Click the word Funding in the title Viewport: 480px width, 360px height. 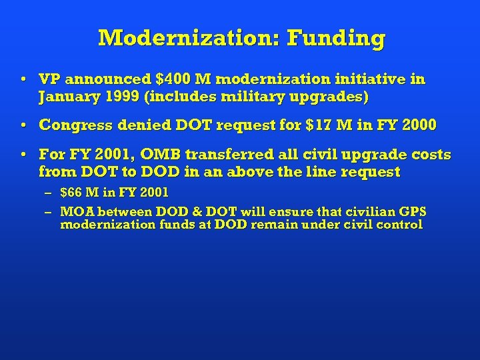[x=336, y=38]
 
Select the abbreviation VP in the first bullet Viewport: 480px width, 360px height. [x=50, y=80]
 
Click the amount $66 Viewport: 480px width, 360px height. [x=72, y=193]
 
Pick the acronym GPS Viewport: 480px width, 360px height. [x=411, y=213]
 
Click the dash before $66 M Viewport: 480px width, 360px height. [x=49, y=193]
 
